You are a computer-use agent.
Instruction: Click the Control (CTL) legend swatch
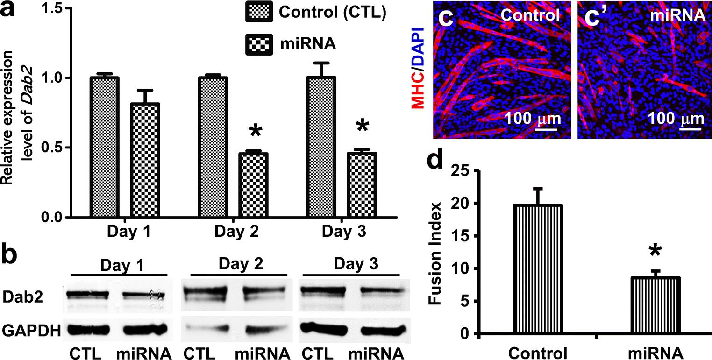[x=259, y=13]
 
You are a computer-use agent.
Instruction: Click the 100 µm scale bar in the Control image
[x=547, y=127]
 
